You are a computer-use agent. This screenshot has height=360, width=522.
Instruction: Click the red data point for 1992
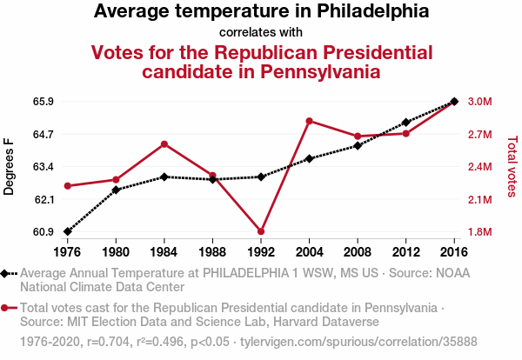pos(261,231)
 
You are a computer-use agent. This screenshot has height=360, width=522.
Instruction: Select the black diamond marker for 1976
pos(68,231)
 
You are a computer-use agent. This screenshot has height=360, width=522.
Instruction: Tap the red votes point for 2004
pos(309,121)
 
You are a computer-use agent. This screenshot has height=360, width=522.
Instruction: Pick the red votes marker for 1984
pos(164,143)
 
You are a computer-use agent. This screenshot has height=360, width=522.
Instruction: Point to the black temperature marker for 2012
pos(405,123)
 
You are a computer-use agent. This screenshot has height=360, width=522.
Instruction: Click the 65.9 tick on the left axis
pos(43,102)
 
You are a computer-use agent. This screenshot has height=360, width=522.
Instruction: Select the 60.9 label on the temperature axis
pos(43,232)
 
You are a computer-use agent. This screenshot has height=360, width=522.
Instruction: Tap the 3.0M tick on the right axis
pos(480,102)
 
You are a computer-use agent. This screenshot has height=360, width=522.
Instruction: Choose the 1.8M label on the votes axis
pos(480,232)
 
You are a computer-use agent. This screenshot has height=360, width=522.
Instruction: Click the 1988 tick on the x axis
pos(212,252)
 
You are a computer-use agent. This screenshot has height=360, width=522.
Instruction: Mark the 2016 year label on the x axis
pos(454,252)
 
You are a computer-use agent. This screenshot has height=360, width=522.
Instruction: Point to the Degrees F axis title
pos(10,166)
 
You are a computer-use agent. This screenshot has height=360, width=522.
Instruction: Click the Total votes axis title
pos(512,166)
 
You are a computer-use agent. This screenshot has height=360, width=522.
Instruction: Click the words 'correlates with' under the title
pos(261,32)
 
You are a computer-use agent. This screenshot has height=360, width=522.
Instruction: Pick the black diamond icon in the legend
pos(6,273)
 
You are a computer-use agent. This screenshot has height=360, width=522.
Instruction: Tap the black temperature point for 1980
pos(116,190)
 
